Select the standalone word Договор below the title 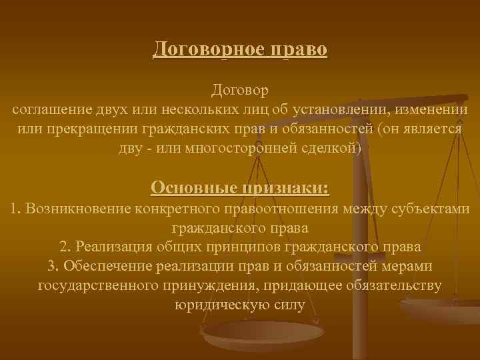[x=240, y=89]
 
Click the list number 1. [x=15, y=209]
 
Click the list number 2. [x=63, y=247]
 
